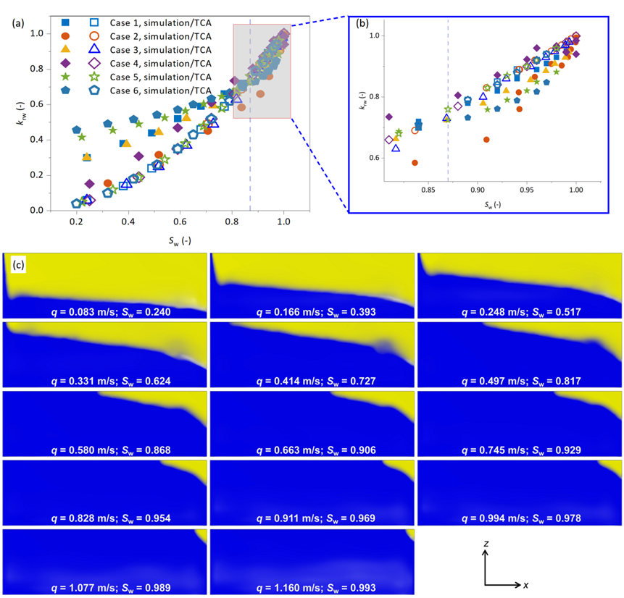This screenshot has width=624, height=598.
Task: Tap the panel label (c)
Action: [20, 264]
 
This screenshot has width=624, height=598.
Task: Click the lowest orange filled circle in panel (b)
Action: [415, 163]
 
